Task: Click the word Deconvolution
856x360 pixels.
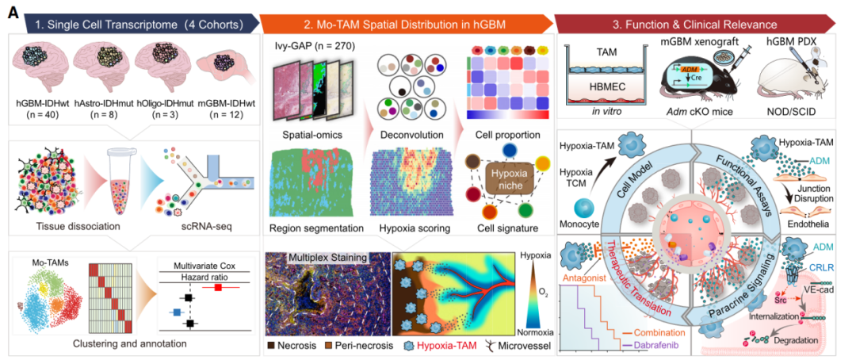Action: (407, 135)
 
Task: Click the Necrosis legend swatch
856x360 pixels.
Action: (273, 347)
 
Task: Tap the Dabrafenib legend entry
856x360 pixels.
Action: (649, 346)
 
